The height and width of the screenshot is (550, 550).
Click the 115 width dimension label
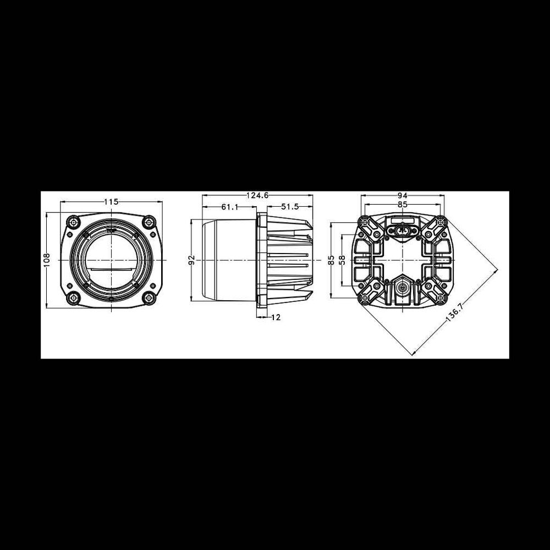coord(111,202)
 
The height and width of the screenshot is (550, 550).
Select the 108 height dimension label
coord(47,260)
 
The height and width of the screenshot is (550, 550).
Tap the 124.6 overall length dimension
coord(257,195)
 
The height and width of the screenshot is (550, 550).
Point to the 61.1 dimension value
coord(229,207)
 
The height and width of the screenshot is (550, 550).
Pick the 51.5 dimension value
coord(290,207)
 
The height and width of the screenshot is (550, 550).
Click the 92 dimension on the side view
coord(191,260)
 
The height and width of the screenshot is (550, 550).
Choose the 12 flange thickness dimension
coord(276,317)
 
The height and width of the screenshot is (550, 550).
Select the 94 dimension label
coord(403,195)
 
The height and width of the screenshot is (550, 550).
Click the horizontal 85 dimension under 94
coord(403,204)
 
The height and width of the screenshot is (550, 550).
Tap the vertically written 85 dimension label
coord(331,260)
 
